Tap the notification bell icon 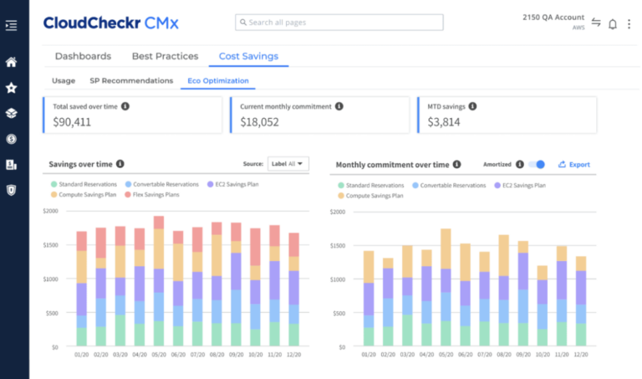613,23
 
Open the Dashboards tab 83,56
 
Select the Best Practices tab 165,56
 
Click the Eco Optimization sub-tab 217,81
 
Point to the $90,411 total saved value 72,121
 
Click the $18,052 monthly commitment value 259,121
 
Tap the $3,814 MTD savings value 443,121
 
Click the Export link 574,165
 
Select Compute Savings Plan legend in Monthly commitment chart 373,194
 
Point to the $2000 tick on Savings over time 52,211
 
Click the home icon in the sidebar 11,62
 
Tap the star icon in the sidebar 11,88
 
